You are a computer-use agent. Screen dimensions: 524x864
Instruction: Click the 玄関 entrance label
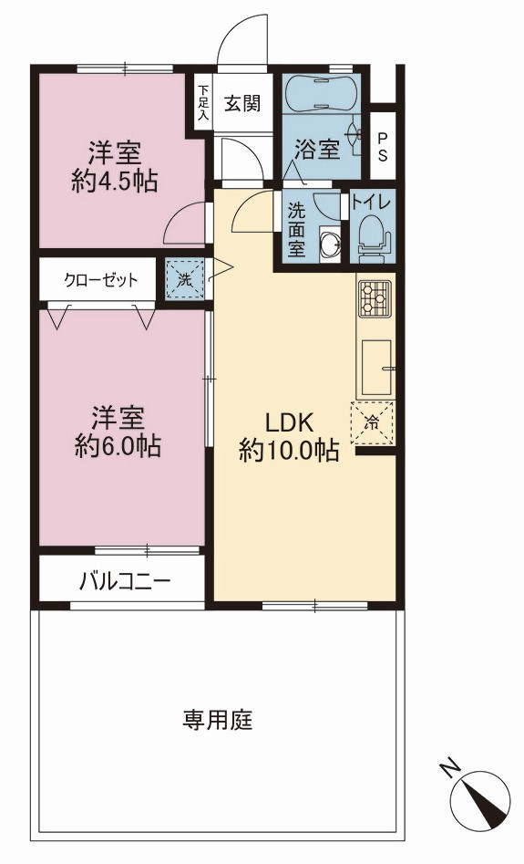(242, 103)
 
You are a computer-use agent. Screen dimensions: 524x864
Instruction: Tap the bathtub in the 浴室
(321, 93)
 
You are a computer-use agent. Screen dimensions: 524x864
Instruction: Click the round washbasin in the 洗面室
(330, 244)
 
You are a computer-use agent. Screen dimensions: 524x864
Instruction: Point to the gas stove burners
(375, 298)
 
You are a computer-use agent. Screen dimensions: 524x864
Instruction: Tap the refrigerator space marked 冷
(373, 423)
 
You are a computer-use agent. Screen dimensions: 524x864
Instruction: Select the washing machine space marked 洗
(185, 279)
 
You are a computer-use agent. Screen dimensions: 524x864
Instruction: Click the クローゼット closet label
(101, 280)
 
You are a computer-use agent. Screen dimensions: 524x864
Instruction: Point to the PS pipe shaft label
(382, 147)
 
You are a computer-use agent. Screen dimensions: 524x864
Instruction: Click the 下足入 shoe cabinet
(203, 103)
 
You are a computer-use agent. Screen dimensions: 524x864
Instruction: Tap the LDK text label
(289, 422)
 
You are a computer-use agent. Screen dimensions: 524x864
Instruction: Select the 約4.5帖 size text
(115, 180)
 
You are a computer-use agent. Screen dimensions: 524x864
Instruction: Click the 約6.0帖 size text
(118, 446)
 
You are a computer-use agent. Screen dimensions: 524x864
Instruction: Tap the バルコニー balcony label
(125, 581)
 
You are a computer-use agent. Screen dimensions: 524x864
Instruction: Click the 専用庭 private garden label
(218, 719)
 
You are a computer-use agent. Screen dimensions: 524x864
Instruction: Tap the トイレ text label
(372, 203)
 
